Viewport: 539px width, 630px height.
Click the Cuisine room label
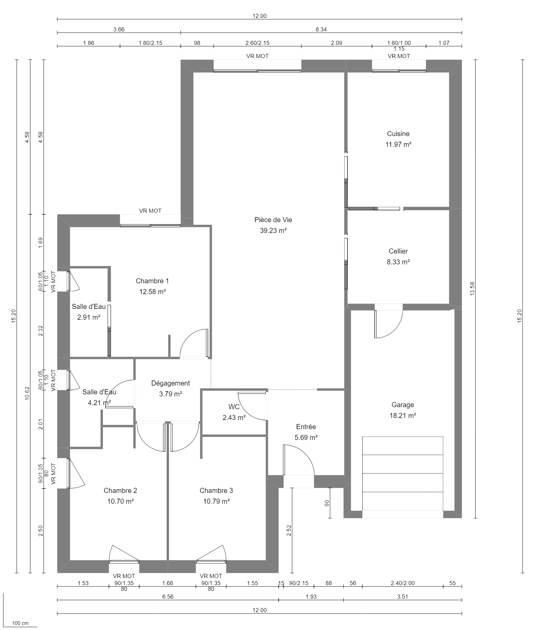[398, 134]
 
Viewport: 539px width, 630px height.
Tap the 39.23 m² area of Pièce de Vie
[273, 231]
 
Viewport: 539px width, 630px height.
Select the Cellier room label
[398, 251]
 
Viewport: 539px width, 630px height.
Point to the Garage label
[402, 405]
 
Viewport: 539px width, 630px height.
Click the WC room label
[234, 407]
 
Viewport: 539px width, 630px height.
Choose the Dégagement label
[170, 383]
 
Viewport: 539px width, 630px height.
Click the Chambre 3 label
[216, 491]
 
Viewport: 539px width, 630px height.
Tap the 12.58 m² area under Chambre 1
[152, 292]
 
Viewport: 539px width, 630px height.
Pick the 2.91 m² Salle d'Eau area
[89, 317]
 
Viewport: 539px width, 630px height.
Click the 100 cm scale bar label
[20, 623]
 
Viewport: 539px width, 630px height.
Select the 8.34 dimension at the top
[321, 30]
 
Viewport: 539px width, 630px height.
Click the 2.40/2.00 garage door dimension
[402, 583]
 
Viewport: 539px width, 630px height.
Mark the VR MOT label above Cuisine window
[399, 56]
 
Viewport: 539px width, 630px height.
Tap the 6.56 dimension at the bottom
[168, 597]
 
